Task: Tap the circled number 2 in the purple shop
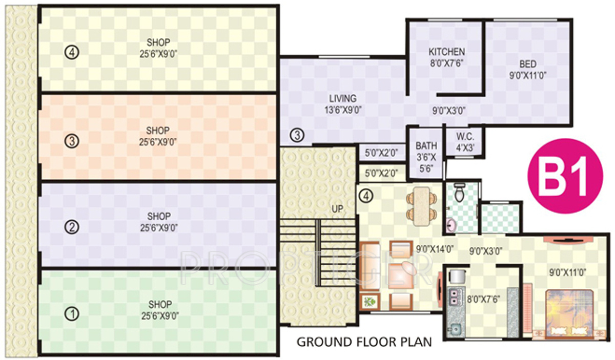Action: pos(73,227)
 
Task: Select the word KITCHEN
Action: pos(446,52)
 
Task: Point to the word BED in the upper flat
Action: pos(527,64)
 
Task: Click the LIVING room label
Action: pos(343,98)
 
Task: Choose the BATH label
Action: pos(426,146)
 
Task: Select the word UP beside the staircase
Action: pos(337,208)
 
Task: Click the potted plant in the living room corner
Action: pos(370,302)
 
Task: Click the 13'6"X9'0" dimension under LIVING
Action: pos(343,109)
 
